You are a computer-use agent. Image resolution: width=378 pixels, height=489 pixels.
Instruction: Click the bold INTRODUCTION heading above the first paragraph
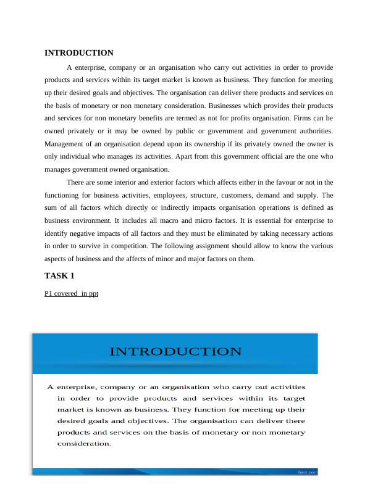coord(79,53)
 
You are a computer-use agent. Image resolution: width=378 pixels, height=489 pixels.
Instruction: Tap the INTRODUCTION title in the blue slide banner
coord(175,352)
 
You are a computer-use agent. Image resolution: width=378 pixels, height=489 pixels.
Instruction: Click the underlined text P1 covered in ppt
coord(71,293)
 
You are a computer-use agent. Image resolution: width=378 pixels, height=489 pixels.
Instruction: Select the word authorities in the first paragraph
coord(310,130)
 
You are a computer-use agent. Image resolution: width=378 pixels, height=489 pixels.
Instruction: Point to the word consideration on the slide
coord(83,443)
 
